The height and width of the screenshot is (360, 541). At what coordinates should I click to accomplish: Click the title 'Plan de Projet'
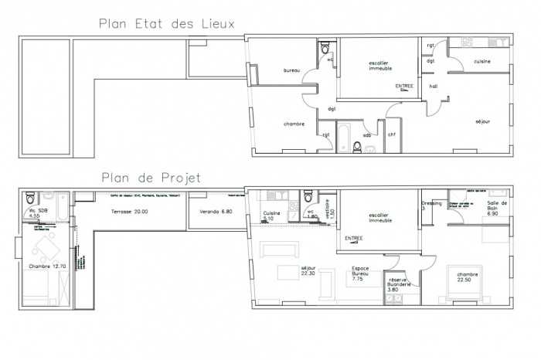151,178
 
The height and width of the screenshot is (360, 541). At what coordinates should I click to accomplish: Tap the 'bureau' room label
291,70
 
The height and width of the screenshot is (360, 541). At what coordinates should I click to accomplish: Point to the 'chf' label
391,135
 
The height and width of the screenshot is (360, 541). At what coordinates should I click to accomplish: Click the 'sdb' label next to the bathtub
367,135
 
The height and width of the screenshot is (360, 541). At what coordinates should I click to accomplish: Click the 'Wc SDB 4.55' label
34,214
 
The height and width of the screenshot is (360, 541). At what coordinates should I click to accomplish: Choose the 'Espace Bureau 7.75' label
357,274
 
